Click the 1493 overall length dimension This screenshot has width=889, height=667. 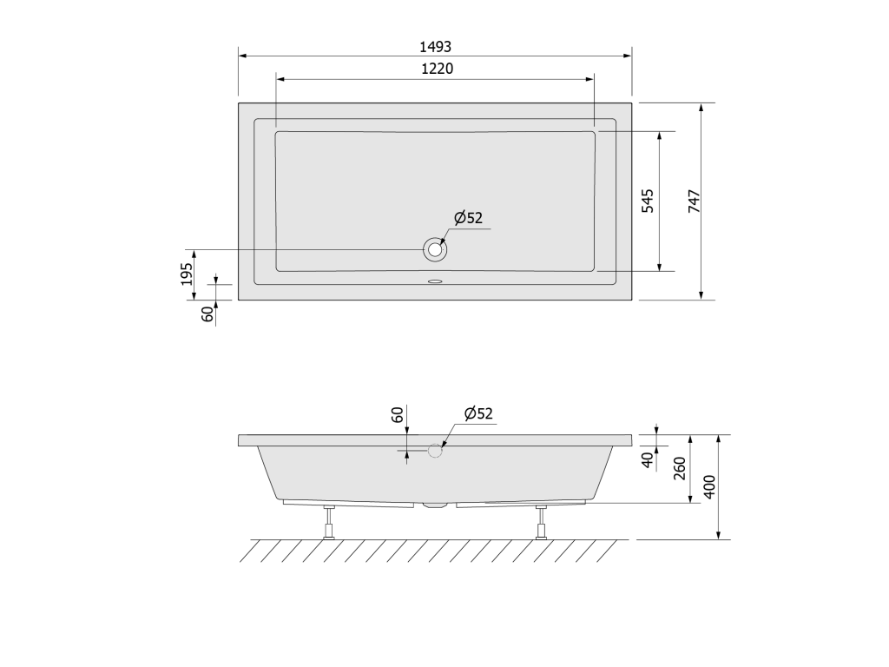(x=436, y=47)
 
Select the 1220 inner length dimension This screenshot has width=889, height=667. (x=438, y=69)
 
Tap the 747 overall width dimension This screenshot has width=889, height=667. (x=694, y=201)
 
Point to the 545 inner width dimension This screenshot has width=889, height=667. (x=648, y=201)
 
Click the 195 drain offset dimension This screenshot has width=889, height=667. (x=187, y=274)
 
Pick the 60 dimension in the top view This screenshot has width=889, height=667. (x=208, y=314)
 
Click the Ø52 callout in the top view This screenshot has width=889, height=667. (x=468, y=217)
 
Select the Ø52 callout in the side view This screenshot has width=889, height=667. (x=478, y=413)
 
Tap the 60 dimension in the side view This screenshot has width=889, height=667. (x=398, y=414)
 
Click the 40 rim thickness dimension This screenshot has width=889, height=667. (x=648, y=460)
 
